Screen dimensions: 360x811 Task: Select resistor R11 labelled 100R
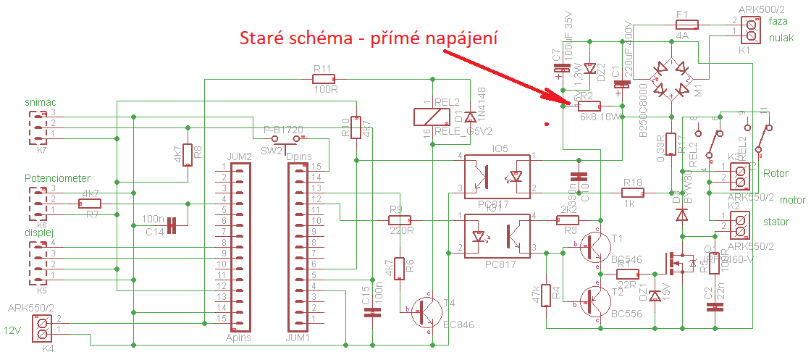[x=322, y=78]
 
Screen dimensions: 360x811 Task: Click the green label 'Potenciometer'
[x=57, y=178]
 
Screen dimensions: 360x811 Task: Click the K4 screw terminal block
[x=43, y=327]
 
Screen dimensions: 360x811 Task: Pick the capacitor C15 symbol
[x=372, y=312]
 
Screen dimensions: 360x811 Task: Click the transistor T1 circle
[x=596, y=247]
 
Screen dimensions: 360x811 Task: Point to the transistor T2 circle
[x=596, y=302]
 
